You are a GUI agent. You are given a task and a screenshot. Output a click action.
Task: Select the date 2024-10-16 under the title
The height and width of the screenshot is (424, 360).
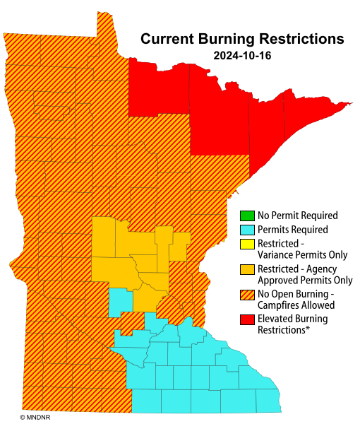pos(242,54)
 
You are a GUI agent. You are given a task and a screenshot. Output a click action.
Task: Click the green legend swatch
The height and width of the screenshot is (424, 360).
pos(246,216)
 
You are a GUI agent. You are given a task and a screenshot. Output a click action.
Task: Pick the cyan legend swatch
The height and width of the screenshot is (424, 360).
pos(246,230)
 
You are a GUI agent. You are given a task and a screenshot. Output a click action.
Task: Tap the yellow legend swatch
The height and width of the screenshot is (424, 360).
pos(246,244)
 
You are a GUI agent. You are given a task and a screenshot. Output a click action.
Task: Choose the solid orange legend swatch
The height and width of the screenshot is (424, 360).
pos(246,269)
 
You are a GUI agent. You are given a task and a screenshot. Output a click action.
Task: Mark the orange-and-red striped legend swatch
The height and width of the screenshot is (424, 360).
pos(246,294)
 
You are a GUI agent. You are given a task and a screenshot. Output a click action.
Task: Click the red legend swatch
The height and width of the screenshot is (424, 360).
pos(246,319)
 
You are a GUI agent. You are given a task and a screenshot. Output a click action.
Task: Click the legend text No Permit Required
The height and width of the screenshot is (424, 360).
pos(297,216)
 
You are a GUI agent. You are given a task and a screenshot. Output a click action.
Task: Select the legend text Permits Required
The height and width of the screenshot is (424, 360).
pos(292,230)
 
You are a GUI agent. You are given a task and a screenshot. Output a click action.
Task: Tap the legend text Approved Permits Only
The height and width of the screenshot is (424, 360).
pos(304,280)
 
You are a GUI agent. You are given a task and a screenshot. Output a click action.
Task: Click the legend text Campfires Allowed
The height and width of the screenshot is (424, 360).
pos(296,305)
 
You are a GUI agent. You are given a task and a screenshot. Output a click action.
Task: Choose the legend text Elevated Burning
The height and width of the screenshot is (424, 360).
pos(292,319)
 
